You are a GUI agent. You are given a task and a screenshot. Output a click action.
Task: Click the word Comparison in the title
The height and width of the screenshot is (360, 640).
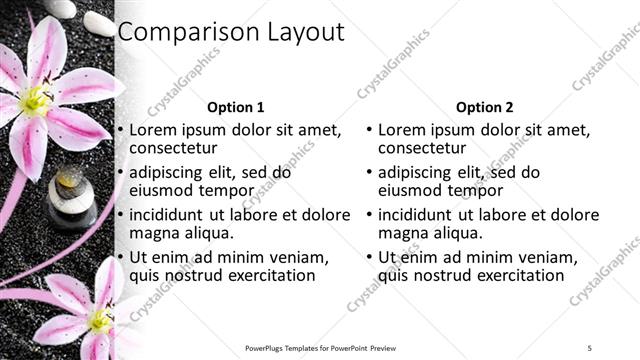click(177, 32)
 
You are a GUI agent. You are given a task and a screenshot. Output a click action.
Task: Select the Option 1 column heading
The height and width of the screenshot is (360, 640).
click(236, 107)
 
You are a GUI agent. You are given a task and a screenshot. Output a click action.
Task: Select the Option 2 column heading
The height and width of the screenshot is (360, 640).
click(485, 107)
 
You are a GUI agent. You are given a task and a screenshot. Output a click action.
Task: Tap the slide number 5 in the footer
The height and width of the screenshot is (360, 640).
click(590, 348)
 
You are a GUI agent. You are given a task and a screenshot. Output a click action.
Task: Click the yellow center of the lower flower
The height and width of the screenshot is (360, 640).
click(100, 320)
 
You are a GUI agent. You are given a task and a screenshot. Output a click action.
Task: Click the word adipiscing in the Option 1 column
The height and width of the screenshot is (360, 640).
click(171, 172)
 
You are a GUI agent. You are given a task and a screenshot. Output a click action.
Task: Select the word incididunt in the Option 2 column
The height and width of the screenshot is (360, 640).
click(419, 215)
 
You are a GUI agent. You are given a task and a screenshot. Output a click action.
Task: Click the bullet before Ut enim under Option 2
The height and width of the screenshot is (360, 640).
click(369, 257)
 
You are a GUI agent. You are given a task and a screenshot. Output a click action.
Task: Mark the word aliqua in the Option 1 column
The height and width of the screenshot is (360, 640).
click(207, 233)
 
